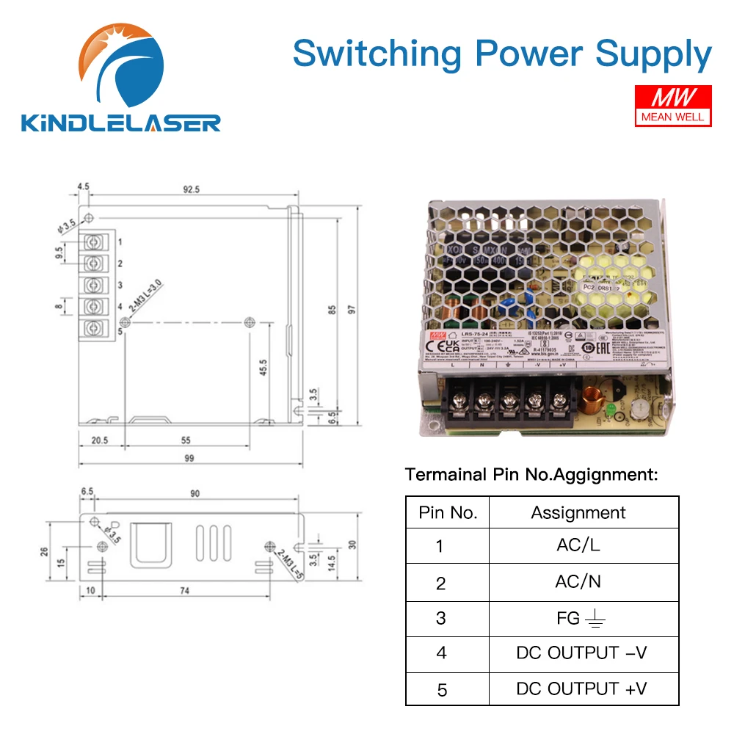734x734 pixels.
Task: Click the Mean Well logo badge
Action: tap(672, 104)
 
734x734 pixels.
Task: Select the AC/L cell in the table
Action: tap(578, 545)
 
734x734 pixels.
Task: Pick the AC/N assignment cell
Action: tap(578, 581)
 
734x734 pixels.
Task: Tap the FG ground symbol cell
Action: tap(578, 618)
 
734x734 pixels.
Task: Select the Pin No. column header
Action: tap(447, 512)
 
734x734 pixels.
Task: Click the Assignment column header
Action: tap(578, 512)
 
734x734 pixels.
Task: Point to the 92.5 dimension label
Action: tap(191, 189)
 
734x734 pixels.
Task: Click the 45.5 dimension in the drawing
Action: tap(263, 366)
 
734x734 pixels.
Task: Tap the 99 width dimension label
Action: tap(189, 459)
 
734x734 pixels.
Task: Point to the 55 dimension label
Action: tap(186, 440)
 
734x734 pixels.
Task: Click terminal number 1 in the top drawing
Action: tap(119, 241)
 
